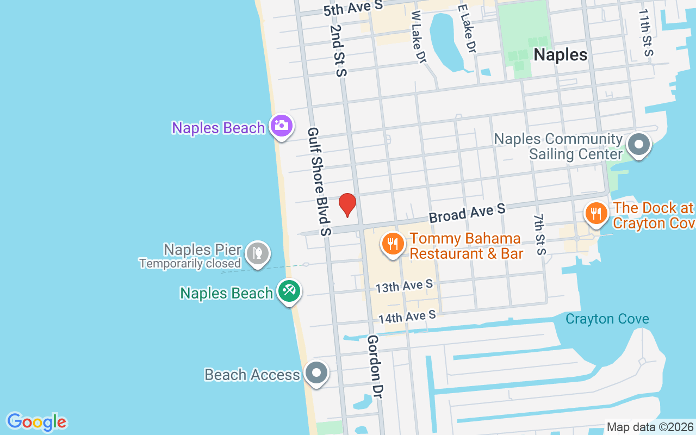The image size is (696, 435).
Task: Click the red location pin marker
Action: pos(347,204)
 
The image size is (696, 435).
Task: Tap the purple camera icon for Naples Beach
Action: pos(281,126)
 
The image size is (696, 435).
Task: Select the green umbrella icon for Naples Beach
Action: pos(289,291)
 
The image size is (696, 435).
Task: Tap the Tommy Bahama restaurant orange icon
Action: pos(392,243)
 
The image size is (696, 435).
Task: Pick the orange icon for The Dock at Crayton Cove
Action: pos(596,213)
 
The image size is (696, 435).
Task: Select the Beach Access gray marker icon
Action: pos(316,373)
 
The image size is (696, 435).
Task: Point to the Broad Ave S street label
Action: pos(467,213)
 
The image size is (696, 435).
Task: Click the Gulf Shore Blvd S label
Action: pos(319,182)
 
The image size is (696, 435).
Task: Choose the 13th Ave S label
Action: pos(404,285)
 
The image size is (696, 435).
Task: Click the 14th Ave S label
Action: pos(407,316)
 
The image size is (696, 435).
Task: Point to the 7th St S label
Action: pos(539,234)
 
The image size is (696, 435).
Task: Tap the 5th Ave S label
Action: pos(353,8)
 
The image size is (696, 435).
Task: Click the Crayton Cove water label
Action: pos(607,319)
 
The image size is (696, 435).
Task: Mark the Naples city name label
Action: pos(560,54)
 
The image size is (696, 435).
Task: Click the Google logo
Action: pos(36,422)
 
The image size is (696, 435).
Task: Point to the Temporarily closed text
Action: pos(190,264)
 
